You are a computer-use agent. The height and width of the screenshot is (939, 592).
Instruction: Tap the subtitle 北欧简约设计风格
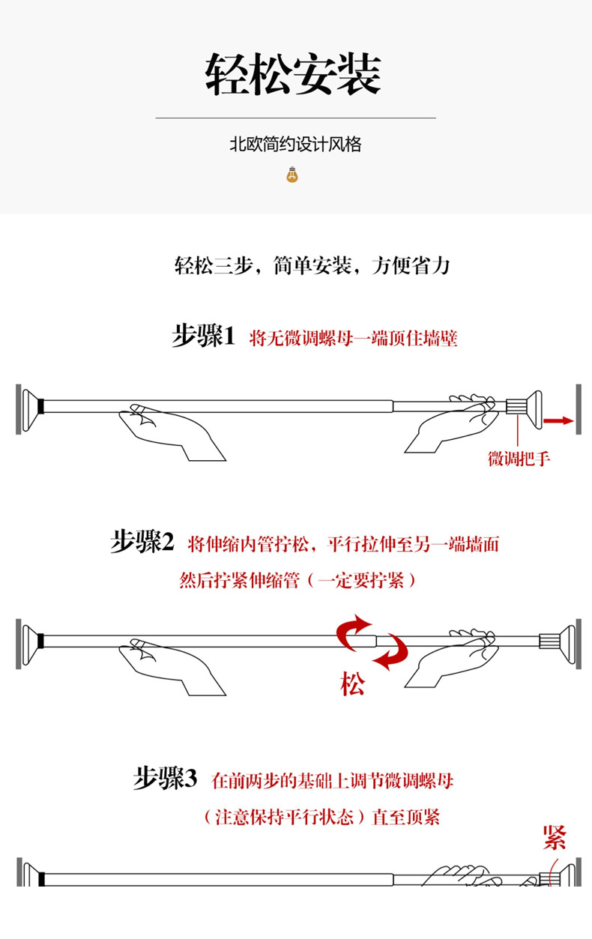[295, 144]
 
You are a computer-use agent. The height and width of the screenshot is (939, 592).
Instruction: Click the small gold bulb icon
[292, 175]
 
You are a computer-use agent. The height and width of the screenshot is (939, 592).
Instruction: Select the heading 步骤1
[203, 336]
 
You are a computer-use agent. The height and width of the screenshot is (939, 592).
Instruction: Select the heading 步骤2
[142, 542]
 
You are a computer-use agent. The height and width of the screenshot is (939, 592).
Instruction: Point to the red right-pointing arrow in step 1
[558, 420]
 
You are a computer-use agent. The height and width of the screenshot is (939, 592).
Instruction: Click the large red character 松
[352, 683]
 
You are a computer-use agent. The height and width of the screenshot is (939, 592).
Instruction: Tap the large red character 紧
[555, 837]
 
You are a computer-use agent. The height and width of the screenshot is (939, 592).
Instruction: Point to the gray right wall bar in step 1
[579, 408]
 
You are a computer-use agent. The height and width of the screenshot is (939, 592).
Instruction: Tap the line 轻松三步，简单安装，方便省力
[312, 265]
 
